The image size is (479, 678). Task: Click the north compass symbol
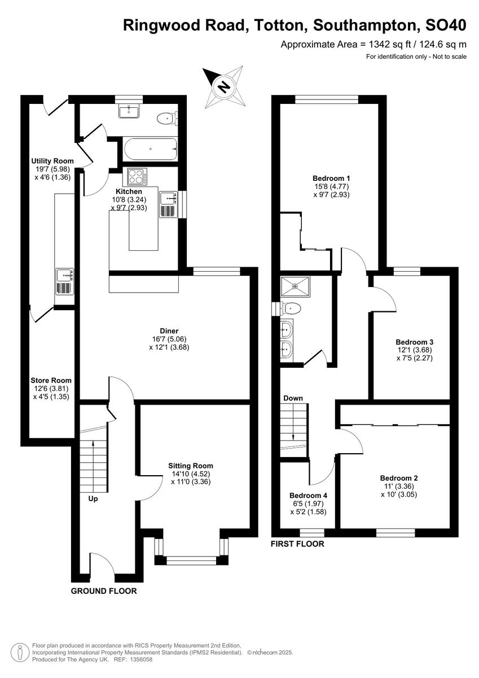224,86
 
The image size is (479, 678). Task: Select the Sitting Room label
191,466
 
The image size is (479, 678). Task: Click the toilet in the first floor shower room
291,308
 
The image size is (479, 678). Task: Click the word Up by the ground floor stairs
93,499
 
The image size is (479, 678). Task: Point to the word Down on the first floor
293,398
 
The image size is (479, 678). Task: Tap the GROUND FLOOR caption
104,591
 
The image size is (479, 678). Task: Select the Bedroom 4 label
308,496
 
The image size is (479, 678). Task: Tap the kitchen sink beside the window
168,198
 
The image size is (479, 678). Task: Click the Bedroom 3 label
414,342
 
